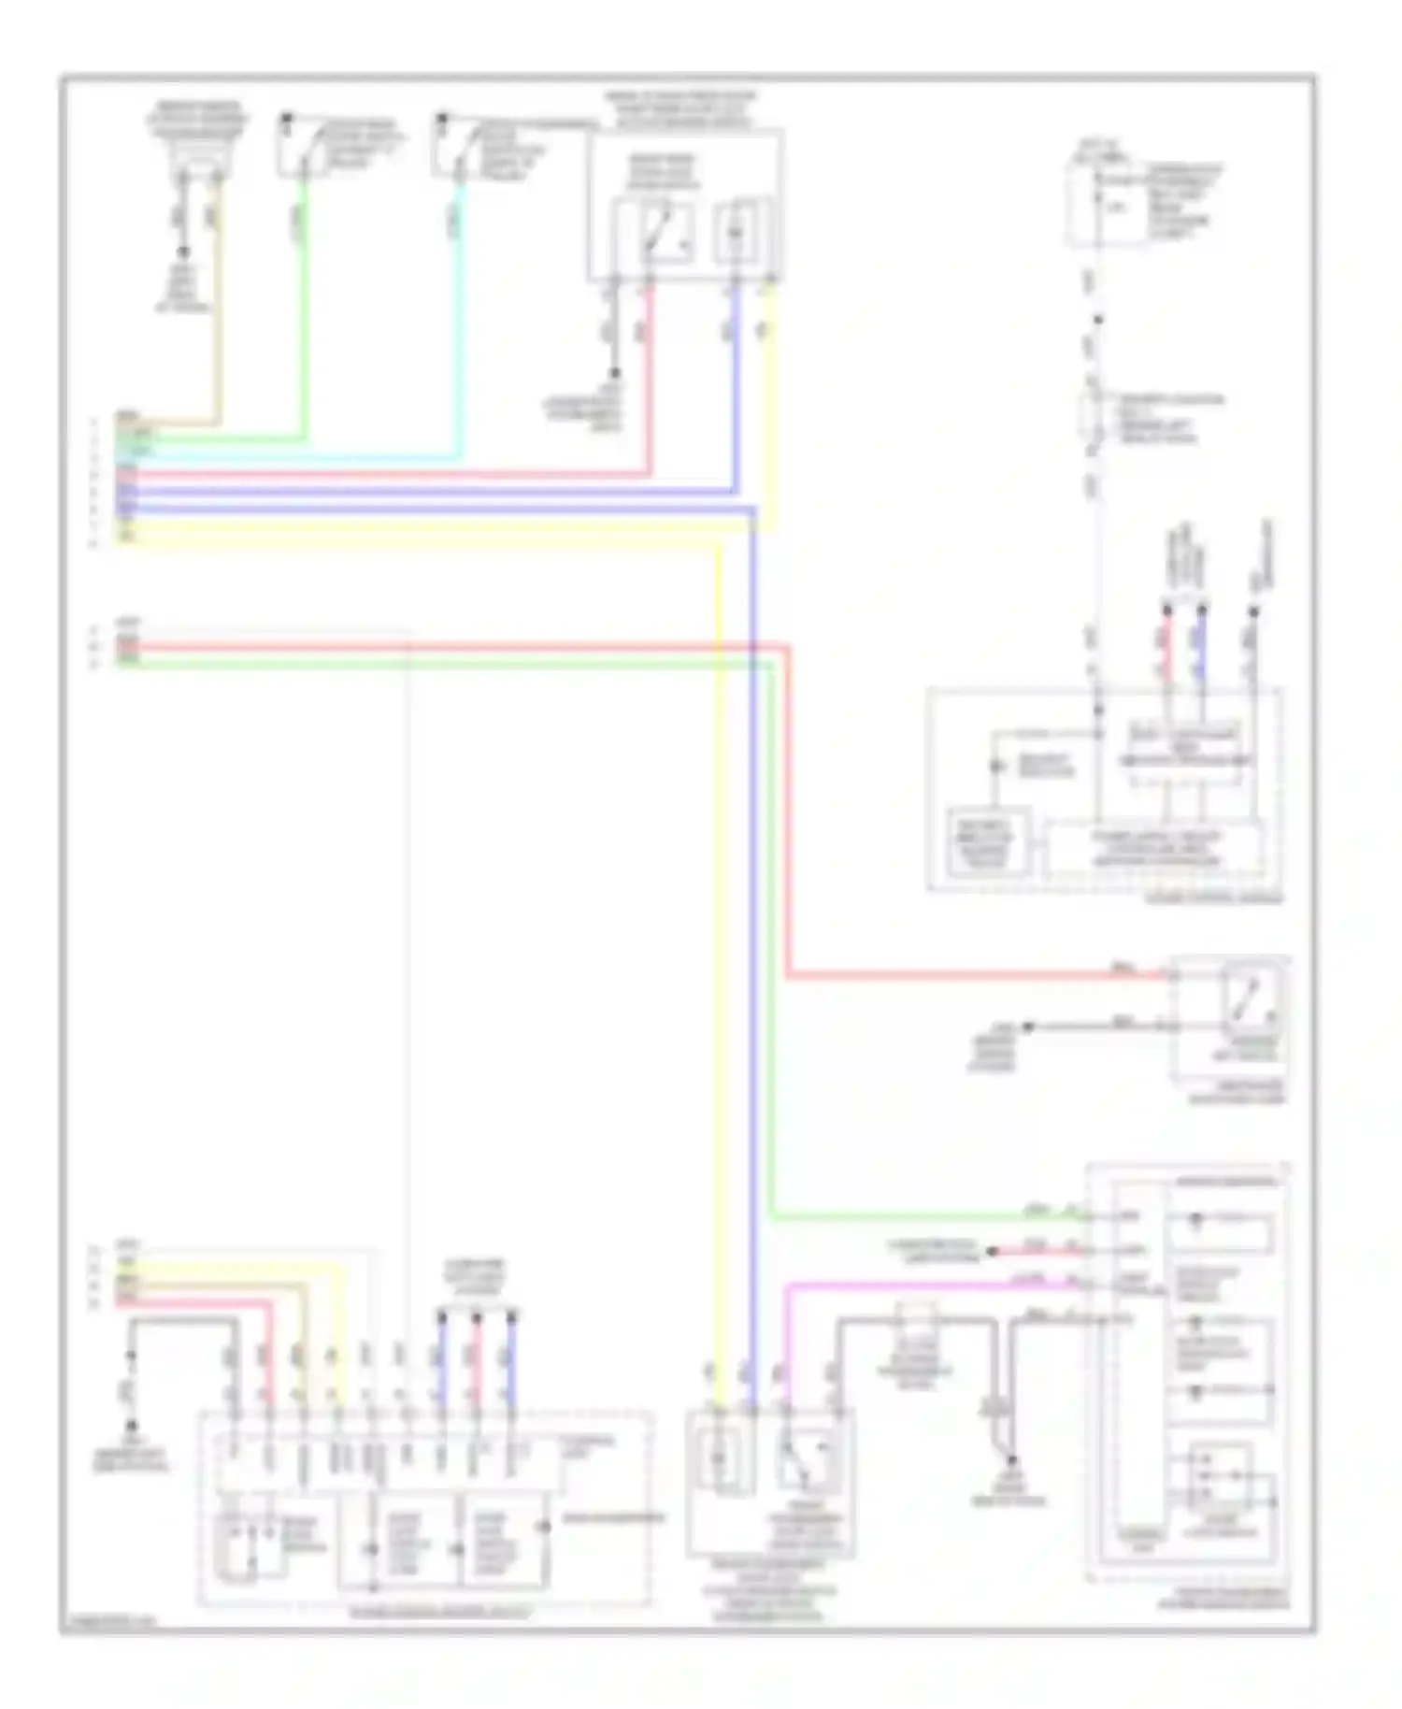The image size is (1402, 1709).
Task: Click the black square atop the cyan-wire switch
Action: coord(442,119)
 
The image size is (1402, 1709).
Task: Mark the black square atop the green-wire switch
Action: coord(287,119)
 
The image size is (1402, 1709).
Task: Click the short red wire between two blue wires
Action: coord(477,1360)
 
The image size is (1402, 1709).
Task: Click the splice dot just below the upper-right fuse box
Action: coord(1098,320)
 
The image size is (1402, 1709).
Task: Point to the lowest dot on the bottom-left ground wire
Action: coord(132,1426)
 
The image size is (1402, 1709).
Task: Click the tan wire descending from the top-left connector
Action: coord(219,309)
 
